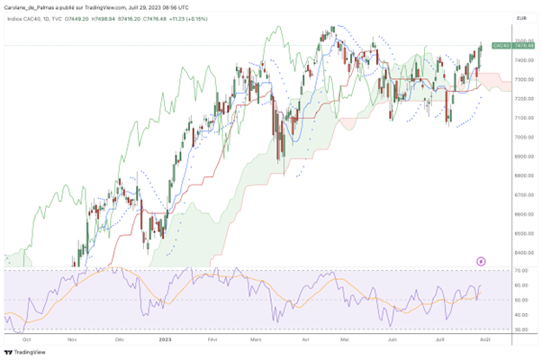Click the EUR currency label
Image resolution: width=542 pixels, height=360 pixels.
tap(520, 17)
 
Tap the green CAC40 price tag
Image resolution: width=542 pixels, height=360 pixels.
tap(501, 44)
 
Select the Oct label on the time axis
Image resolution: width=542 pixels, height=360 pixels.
tap(26, 340)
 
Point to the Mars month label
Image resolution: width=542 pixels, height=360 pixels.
tap(257, 340)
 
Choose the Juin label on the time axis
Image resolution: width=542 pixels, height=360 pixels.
tap(392, 340)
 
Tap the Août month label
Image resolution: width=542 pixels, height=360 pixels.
tap(485, 340)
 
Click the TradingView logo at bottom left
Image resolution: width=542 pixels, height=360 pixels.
tap(23, 352)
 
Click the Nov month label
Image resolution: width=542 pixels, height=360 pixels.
tap(72, 340)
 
